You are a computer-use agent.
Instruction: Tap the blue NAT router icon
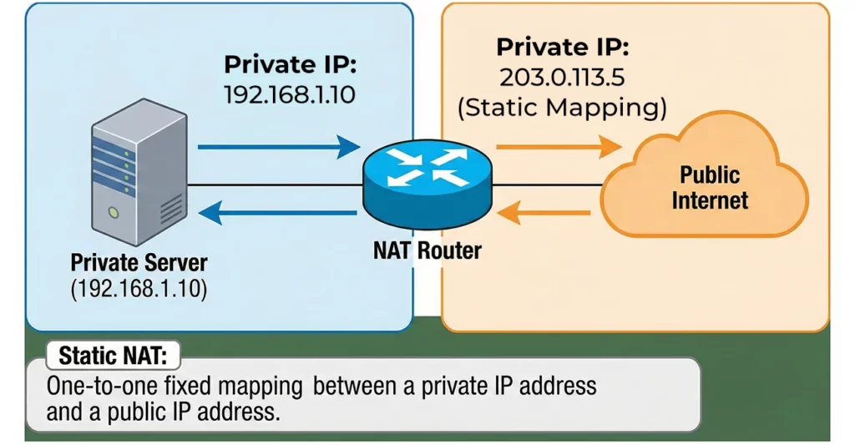click(x=427, y=182)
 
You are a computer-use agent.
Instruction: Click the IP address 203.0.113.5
click(x=562, y=78)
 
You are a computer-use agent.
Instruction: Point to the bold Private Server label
click(x=139, y=263)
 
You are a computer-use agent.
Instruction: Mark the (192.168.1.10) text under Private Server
click(x=139, y=289)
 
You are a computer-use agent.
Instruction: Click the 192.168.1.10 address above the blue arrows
click(x=289, y=94)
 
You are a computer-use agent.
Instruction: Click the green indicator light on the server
click(x=110, y=215)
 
